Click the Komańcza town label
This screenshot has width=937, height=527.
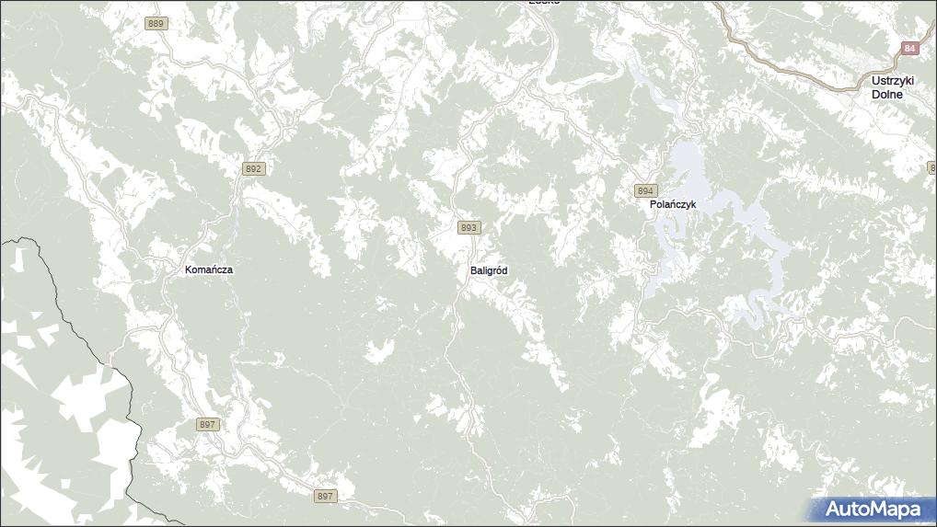point(209,269)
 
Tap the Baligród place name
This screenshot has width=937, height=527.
point(489,270)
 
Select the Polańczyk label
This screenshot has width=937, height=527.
point(679,203)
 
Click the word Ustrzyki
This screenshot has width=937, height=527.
point(893,81)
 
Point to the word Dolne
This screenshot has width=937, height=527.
point(888,94)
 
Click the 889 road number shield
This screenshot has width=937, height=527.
point(156,24)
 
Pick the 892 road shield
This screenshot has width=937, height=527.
point(254,169)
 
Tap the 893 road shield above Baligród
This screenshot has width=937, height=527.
point(468,227)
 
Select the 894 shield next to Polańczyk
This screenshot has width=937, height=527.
point(645,190)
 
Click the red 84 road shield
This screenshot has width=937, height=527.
point(909,48)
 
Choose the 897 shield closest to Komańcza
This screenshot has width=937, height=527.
point(208,424)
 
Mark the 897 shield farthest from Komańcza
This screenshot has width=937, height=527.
point(325,496)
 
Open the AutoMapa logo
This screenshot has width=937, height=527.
point(871,509)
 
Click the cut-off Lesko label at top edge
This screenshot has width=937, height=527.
point(544,3)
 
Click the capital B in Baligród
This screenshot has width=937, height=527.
point(473,270)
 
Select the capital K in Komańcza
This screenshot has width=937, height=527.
point(189,269)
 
